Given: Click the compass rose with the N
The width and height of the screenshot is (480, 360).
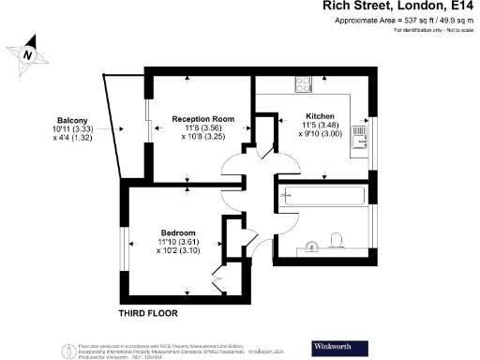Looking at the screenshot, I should [x=29, y=53].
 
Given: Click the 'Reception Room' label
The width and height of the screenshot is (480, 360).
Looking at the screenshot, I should [x=202, y=119].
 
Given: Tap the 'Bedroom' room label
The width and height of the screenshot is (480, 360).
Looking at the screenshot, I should [x=177, y=232].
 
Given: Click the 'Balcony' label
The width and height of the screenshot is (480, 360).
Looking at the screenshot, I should [x=71, y=120].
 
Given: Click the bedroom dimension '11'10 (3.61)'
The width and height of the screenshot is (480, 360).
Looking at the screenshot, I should [x=177, y=242].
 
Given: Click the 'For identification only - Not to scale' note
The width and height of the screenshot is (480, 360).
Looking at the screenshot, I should [x=433, y=31].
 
